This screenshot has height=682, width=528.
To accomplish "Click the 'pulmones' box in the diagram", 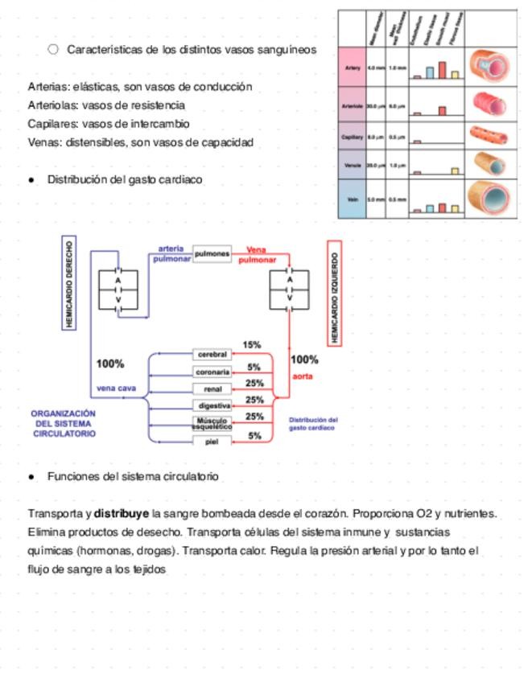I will point(212,253).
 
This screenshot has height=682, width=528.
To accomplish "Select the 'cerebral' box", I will point(213,354).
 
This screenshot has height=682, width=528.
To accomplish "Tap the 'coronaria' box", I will point(213,372).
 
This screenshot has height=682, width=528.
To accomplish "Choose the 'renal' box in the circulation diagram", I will point(213,388).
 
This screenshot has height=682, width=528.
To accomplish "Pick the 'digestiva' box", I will point(213,406).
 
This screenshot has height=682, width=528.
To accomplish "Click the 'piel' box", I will point(212,441).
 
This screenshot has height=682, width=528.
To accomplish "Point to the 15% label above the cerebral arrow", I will point(252,345).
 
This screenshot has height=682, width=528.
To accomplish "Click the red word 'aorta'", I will point(303,376).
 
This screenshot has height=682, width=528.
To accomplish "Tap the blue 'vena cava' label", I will point(117,388).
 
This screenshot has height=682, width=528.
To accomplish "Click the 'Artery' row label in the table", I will point(352,68).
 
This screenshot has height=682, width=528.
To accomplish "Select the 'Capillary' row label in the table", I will point(352,138).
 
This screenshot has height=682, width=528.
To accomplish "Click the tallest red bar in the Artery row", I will point(442,70).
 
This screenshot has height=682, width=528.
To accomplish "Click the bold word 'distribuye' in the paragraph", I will point(122,513).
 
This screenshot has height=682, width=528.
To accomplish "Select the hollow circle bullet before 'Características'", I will point(54,49).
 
